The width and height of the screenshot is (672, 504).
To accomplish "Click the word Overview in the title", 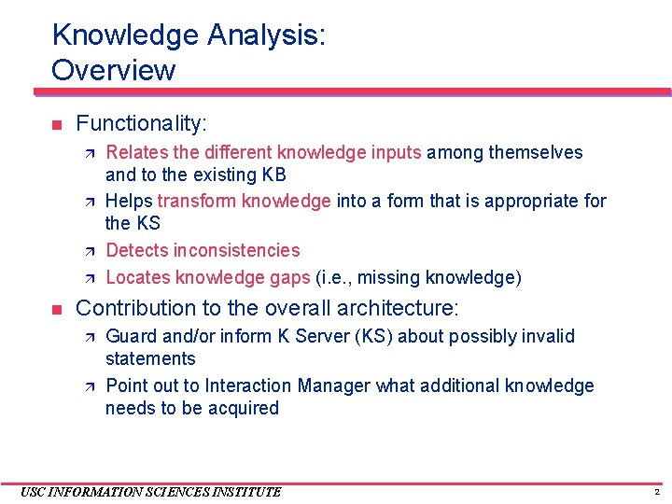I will [113, 70].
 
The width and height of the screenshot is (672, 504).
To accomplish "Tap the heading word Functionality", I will [141, 123].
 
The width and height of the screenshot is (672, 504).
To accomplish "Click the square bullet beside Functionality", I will [56, 124].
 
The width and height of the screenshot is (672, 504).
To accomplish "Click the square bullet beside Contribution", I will [56, 309].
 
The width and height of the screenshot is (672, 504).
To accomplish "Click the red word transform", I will [196, 201].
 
